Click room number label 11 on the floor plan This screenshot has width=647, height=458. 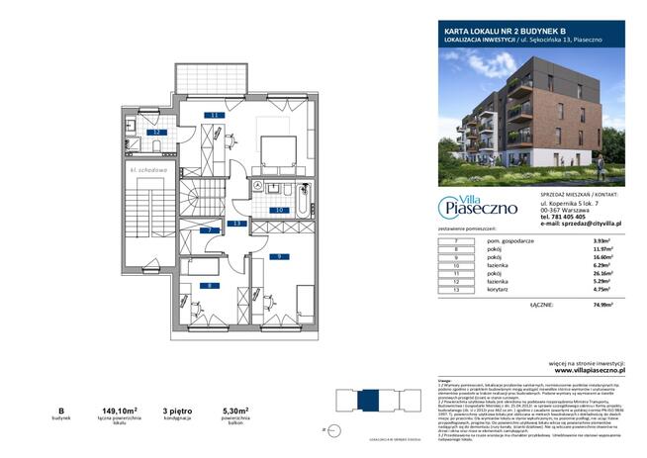[x=213, y=116]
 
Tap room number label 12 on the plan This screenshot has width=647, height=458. [x=155, y=132]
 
